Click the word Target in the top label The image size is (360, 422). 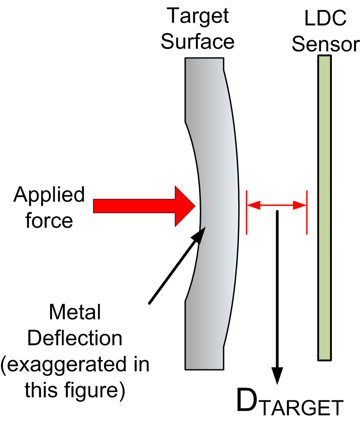pos(198,17)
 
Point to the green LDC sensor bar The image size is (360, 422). pos(324,208)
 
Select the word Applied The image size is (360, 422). pos(49,195)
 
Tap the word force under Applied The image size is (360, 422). pos(49,221)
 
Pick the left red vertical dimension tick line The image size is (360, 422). pos(246,212)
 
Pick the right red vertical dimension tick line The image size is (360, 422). pos(307,212)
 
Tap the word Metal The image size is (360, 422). pos(74,312)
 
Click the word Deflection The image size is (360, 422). pos(74,338)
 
